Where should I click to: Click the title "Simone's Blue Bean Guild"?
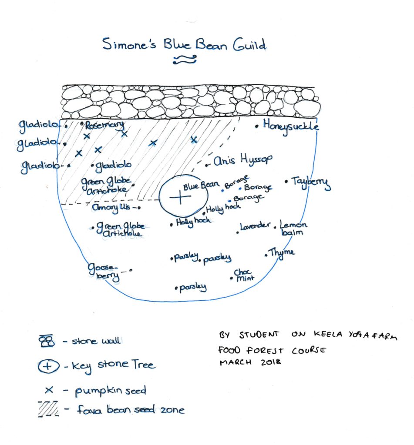tap(184, 45)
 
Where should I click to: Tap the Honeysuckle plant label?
tap(291, 126)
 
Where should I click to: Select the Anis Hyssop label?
tap(243, 161)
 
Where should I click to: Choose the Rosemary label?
tap(104, 126)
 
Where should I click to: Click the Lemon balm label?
tap(293, 229)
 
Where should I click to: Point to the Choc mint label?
tap(244, 276)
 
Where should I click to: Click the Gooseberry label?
tap(103, 272)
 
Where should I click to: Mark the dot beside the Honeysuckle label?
tap(257, 126)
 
